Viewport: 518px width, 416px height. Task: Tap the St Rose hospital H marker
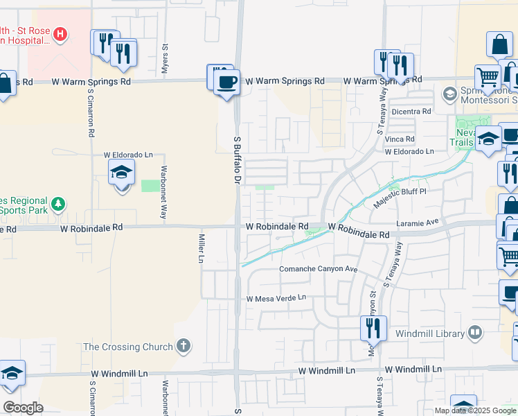pyautogui.click(x=60, y=33)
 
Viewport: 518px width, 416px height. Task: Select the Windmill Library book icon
pyautogui.click(x=475, y=333)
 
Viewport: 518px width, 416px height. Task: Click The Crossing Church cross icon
pyautogui.click(x=183, y=346)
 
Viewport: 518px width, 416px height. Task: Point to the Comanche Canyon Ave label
pyautogui.click(x=317, y=269)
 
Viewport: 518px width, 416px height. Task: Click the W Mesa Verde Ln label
pyautogui.click(x=276, y=298)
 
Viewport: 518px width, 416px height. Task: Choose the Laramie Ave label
pyautogui.click(x=418, y=223)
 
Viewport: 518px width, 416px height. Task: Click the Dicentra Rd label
pyautogui.click(x=411, y=111)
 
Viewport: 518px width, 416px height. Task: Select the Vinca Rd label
pyautogui.click(x=400, y=139)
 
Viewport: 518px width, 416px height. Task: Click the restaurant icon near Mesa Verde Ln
pyautogui.click(x=373, y=327)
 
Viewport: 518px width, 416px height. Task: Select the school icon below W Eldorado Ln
pyautogui.click(x=121, y=172)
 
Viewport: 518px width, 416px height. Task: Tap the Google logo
pyautogui.click(x=23, y=408)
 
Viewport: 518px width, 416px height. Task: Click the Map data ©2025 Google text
pyautogui.click(x=474, y=410)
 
